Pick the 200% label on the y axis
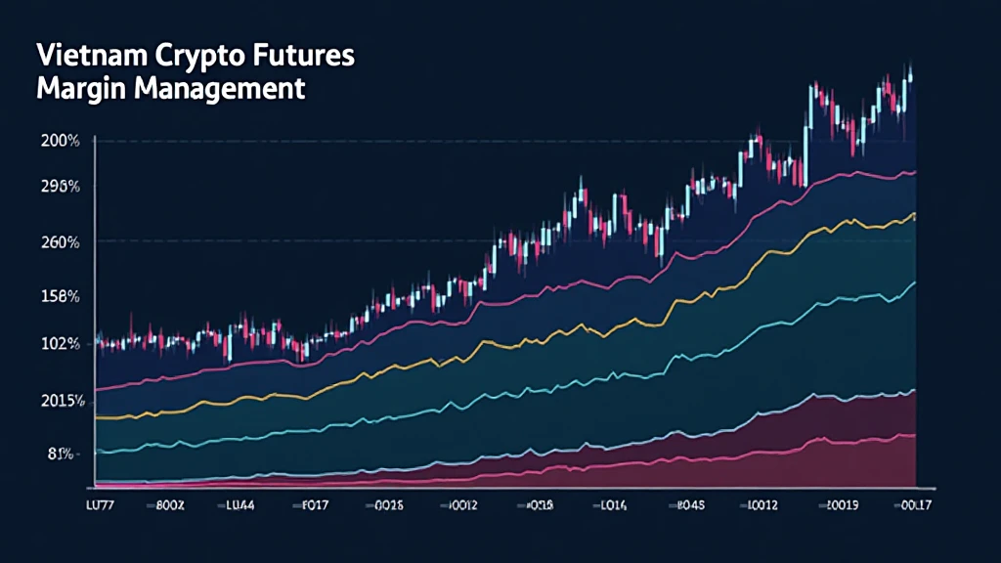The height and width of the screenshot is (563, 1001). [60, 141]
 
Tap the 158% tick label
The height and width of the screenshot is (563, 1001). [60, 295]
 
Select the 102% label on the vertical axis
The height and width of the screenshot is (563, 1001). [60, 344]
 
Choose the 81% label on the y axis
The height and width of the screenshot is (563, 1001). [60, 454]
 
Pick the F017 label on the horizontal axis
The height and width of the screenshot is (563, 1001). [312, 506]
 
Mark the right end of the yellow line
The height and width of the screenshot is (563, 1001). [915, 214]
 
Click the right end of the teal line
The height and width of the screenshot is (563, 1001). [915, 282]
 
